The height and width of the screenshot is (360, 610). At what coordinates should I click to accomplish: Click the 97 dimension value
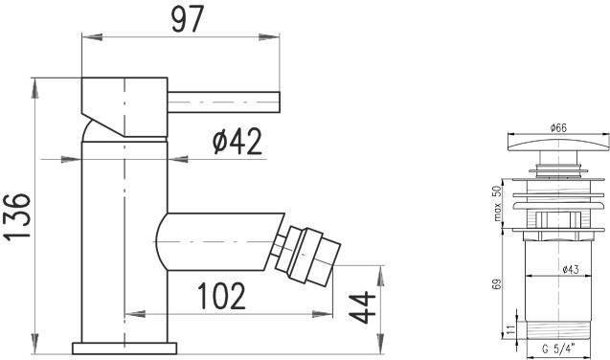(188, 19)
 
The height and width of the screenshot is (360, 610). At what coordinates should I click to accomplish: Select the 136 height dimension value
(17, 217)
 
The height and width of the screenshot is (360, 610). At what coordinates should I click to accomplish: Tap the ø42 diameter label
(237, 142)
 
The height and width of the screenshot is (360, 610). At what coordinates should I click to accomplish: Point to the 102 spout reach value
(221, 296)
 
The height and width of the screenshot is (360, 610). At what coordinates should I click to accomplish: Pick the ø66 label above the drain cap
(558, 127)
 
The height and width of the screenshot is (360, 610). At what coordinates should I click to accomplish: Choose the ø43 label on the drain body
(571, 269)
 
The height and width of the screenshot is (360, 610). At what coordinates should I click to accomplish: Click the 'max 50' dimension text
(497, 203)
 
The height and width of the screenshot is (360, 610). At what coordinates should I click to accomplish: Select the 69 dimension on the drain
(497, 283)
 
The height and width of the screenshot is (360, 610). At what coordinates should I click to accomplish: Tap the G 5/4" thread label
(558, 349)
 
